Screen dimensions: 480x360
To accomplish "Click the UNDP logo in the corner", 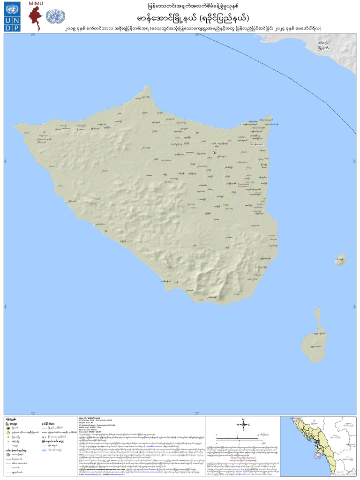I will tap(10, 17).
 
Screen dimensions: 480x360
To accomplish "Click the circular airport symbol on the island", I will tap(214, 153).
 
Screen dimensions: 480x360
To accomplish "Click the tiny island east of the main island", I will tap(340, 258).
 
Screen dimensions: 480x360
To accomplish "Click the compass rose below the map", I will tap(243, 425).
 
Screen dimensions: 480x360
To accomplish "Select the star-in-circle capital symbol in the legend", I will tap(8, 427).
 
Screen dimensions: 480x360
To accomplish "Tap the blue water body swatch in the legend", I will tap(44, 450).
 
